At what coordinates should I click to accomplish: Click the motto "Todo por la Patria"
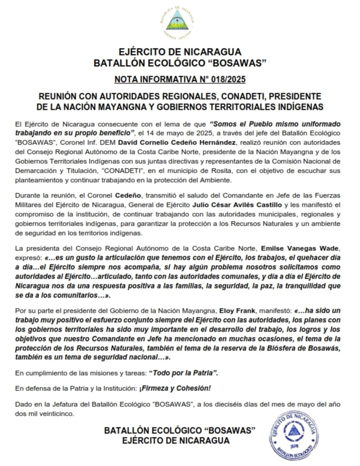(184, 374)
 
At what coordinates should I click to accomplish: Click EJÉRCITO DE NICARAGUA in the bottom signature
(176, 440)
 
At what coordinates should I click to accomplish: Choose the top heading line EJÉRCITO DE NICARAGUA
(180, 52)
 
